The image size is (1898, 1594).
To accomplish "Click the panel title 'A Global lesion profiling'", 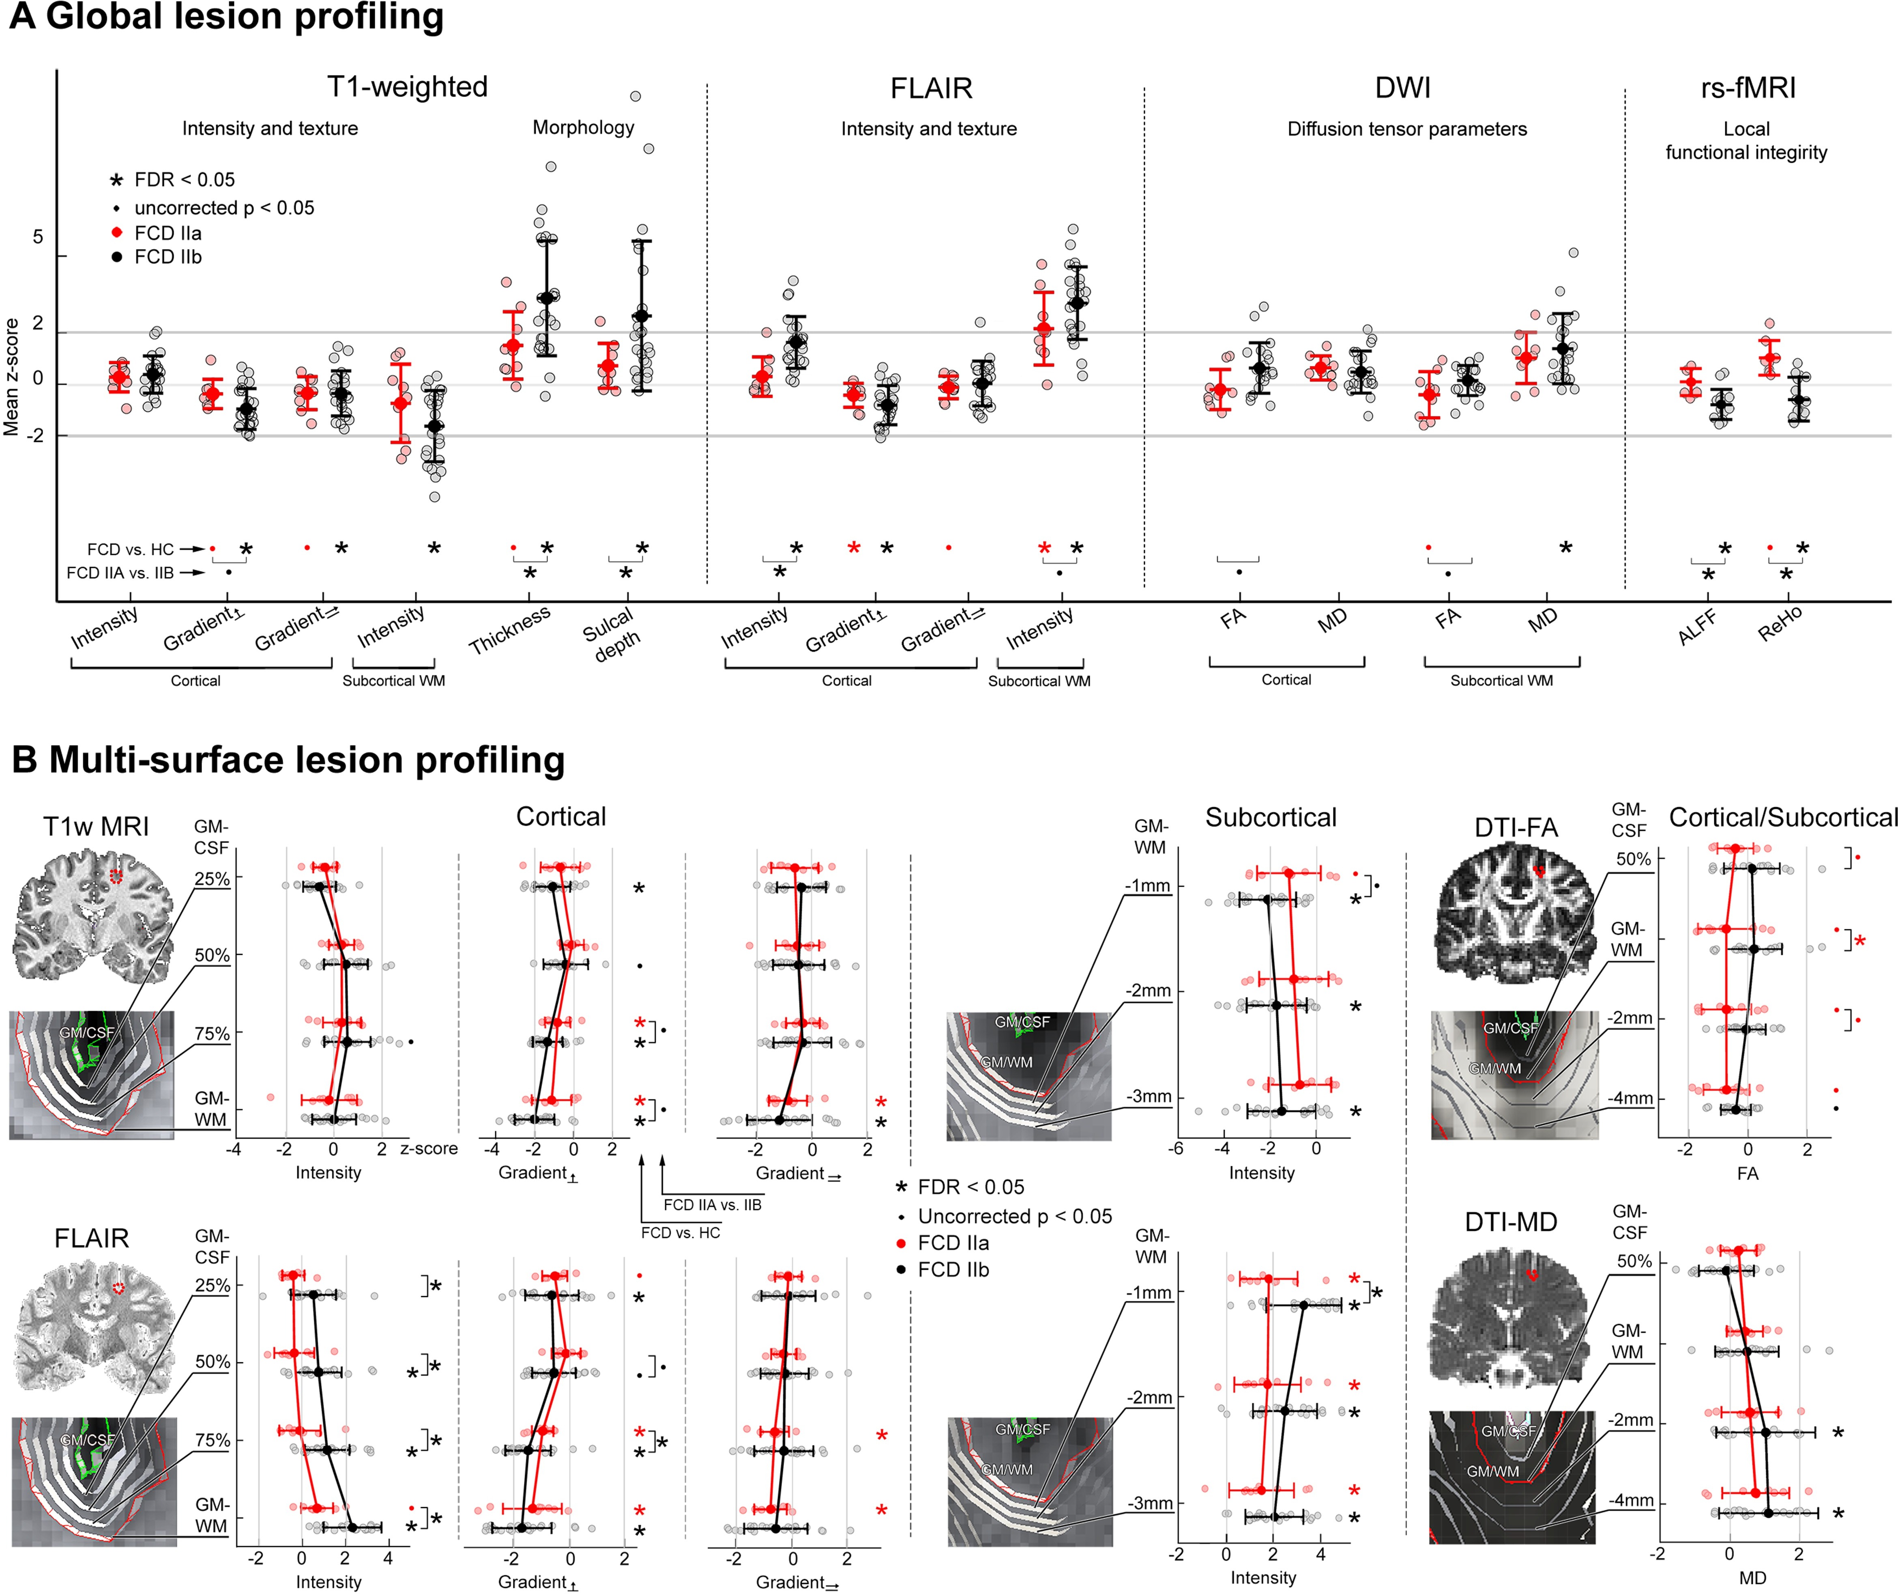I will click(x=226, y=18).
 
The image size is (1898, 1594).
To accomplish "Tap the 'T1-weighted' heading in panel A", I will click(x=407, y=87).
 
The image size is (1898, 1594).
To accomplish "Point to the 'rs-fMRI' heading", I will click(x=1747, y=88).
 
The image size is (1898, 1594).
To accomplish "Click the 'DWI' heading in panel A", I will click(x=1403, y=88).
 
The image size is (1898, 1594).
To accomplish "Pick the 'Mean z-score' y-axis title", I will click(x=12, y=377).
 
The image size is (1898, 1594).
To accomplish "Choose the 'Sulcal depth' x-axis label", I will click(x=613, y=633).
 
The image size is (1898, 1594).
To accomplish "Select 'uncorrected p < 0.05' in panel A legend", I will click(x=224, y=208).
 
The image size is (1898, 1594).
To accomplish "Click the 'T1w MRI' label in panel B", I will click(x=96, y=826).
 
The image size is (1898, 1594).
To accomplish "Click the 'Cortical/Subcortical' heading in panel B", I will click(x=1782, y=817).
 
